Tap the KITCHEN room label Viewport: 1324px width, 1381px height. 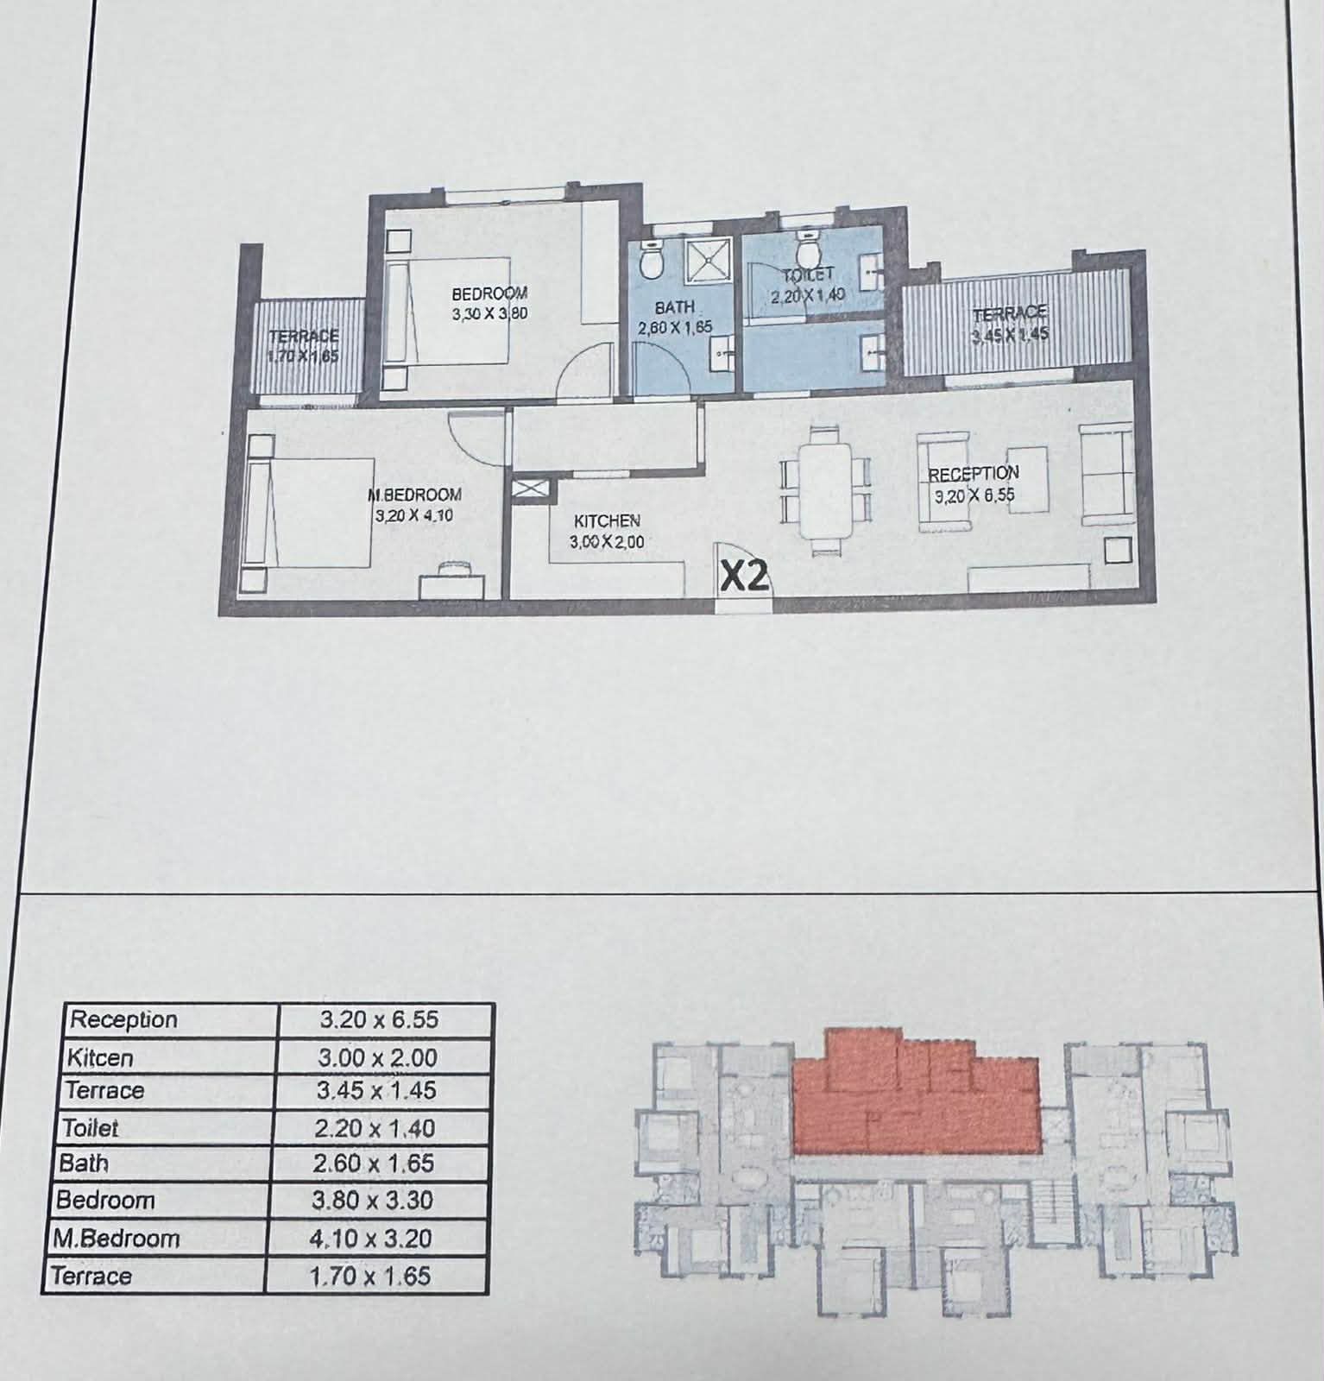607,521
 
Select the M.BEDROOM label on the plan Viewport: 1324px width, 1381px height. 414,495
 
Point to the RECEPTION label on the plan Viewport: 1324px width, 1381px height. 974,474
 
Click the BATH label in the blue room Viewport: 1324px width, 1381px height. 674,307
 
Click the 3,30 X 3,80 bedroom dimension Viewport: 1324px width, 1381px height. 489,314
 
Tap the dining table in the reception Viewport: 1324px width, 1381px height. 825,491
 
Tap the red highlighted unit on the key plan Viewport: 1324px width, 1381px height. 915,1092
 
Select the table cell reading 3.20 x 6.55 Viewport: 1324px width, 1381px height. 379,1019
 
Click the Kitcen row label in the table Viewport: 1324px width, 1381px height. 99,1057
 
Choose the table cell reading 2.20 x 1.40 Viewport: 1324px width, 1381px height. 375,1128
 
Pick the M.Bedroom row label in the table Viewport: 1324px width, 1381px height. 116,1238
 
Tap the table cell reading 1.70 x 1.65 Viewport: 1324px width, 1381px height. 369,1276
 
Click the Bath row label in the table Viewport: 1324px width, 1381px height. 84,1163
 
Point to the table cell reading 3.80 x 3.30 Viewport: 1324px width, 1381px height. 373,1201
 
